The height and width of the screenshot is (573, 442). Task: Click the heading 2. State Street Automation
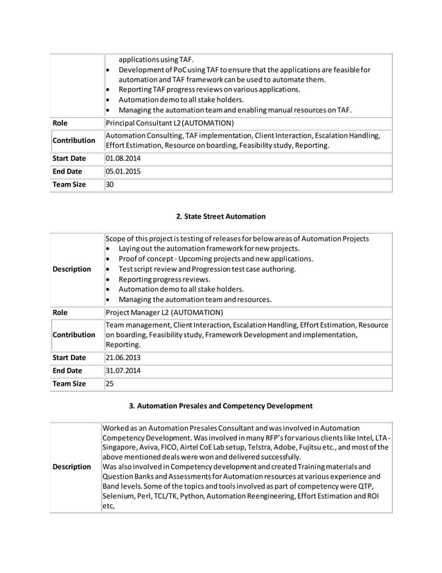pos(220,216)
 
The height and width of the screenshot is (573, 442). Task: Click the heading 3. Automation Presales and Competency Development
pos(220,405)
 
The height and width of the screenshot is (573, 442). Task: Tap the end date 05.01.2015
pos(120,171)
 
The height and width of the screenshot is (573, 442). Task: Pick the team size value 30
pos(109,185)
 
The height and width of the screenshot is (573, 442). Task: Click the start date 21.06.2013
pos(120,357)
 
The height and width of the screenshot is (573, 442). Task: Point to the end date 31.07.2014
pos(120,370)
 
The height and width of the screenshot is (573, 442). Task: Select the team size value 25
pos(109,384)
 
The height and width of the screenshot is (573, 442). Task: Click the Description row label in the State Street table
pos(72,269)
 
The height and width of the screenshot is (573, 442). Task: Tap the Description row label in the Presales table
pos(72,467)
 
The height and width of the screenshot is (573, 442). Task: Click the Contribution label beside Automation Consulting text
pos(74,140)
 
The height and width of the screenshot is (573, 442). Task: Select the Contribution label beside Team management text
pos(74,334)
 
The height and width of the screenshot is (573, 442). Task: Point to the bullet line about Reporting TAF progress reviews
pos(209,89)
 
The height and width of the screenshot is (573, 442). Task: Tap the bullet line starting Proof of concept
pos(215,259)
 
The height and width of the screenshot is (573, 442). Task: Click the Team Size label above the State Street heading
pos(70,185)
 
